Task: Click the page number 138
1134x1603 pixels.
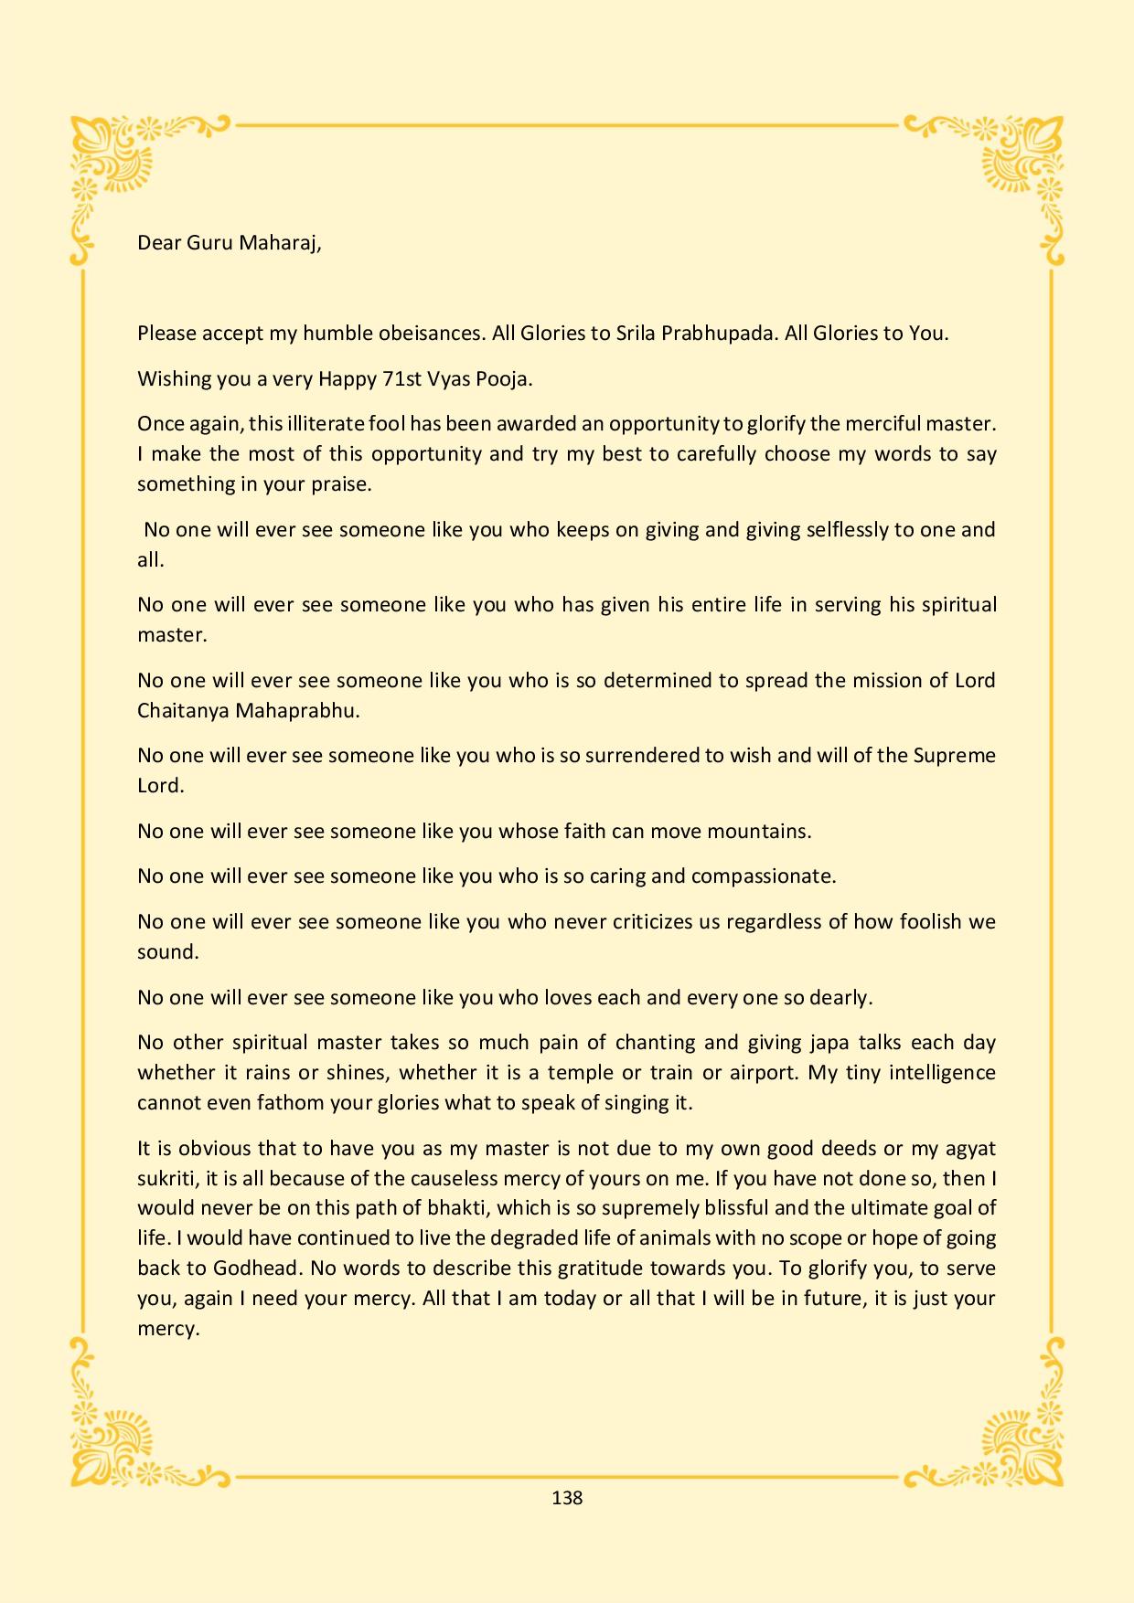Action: click(567, 1498)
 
